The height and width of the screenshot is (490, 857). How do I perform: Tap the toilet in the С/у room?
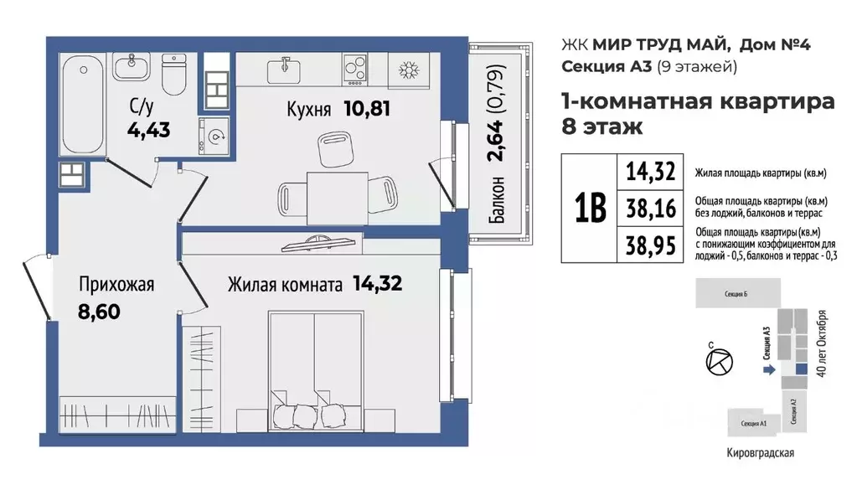pyautogui.click(x=173, y=76)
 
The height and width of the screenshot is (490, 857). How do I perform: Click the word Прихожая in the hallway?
pyautogui.click(x=116, y=285)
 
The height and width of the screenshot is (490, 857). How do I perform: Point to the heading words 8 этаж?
pyautogui.click(x=601, y=128)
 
